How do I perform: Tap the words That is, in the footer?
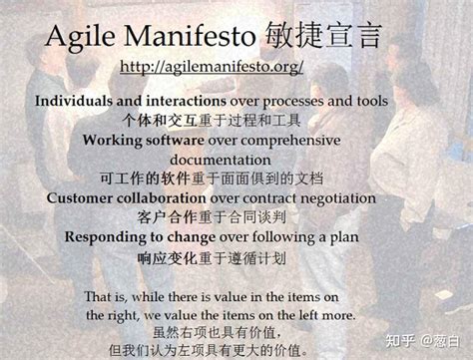pos(107,296)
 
